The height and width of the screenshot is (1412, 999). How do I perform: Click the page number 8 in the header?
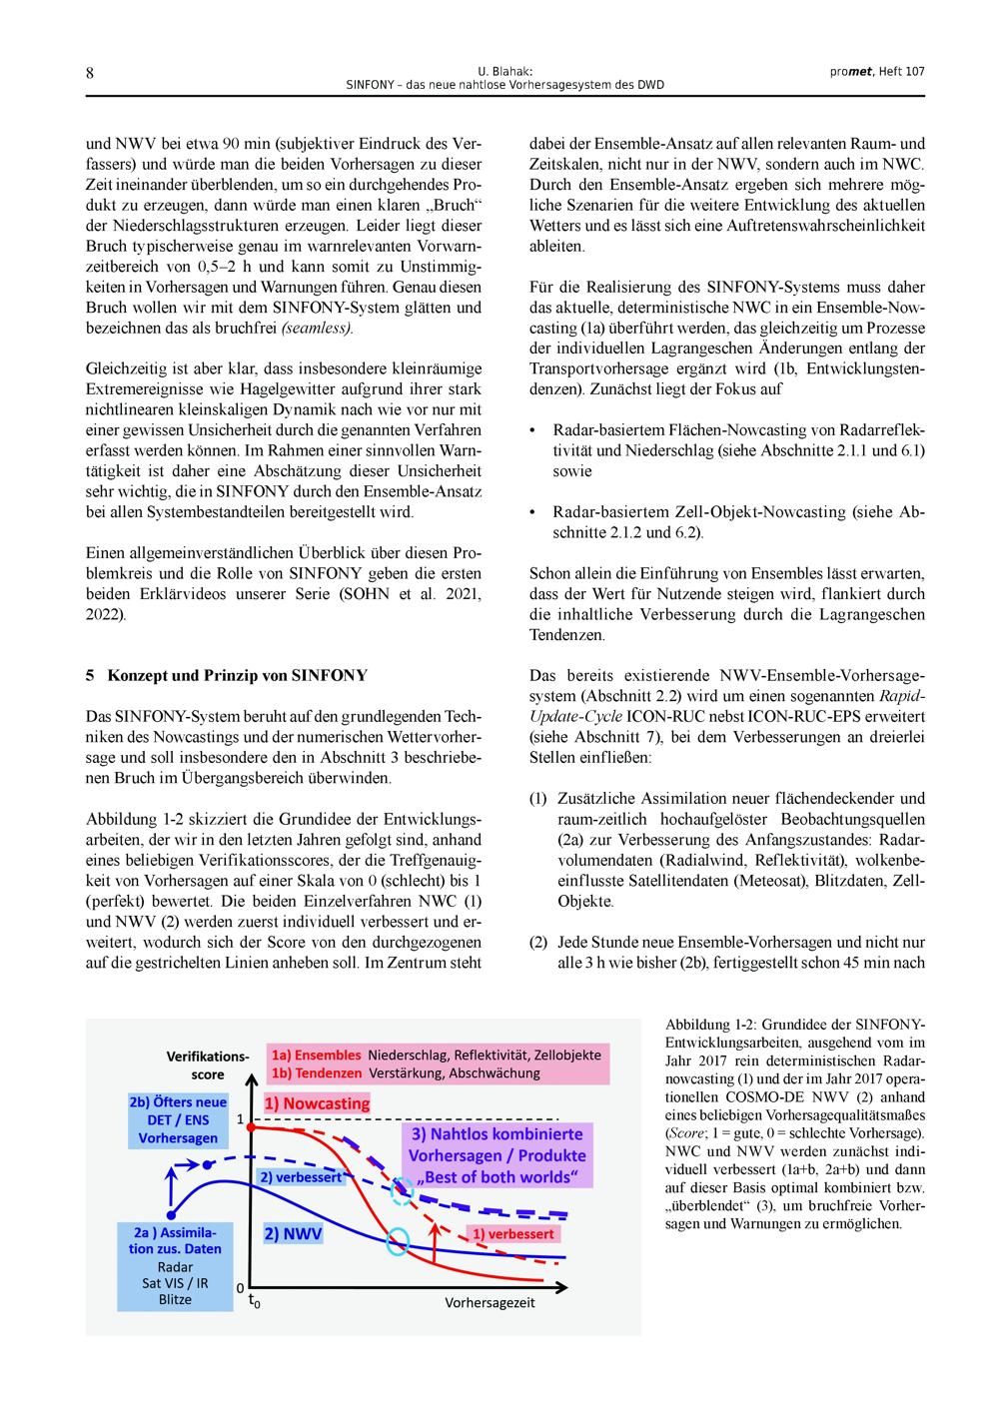point(90,73)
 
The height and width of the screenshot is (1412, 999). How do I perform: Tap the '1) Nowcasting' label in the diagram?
point(317,1103)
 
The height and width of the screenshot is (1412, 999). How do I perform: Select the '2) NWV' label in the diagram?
point(293,1233)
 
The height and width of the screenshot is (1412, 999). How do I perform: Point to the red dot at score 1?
point(251,1125)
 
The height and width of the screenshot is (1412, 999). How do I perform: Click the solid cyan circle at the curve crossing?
point(398,1242)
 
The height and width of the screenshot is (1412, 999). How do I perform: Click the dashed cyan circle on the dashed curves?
point(402,1188)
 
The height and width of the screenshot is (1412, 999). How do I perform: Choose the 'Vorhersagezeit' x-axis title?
point(490,1302)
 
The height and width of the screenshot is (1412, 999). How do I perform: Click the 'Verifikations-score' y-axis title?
point(207,1064)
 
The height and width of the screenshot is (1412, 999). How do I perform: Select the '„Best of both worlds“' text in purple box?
point(499,1176)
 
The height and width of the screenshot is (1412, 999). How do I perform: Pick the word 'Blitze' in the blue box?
point(175,1299)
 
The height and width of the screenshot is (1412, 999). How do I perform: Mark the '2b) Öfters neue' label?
point(178,1102)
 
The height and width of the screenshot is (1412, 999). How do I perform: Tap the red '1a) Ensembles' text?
point(316,1055)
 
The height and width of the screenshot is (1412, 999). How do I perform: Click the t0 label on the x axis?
point(254,1303)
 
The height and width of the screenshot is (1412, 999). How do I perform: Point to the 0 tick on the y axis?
point(240,1288)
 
